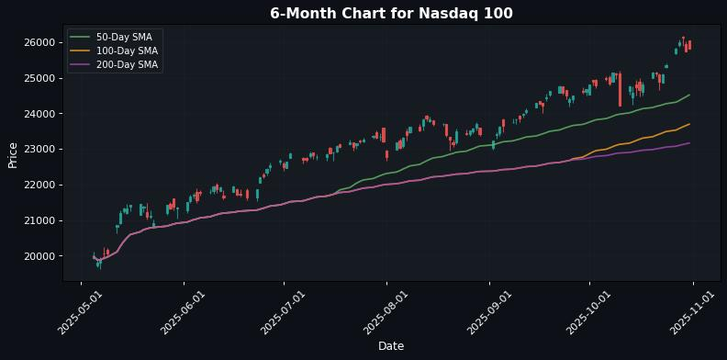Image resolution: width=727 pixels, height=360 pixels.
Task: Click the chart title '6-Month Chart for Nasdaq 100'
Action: tap(391, 14)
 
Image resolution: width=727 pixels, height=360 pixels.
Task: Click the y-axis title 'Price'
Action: tap(13, 154)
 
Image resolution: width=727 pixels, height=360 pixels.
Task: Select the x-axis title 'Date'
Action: tap(391, 346)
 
